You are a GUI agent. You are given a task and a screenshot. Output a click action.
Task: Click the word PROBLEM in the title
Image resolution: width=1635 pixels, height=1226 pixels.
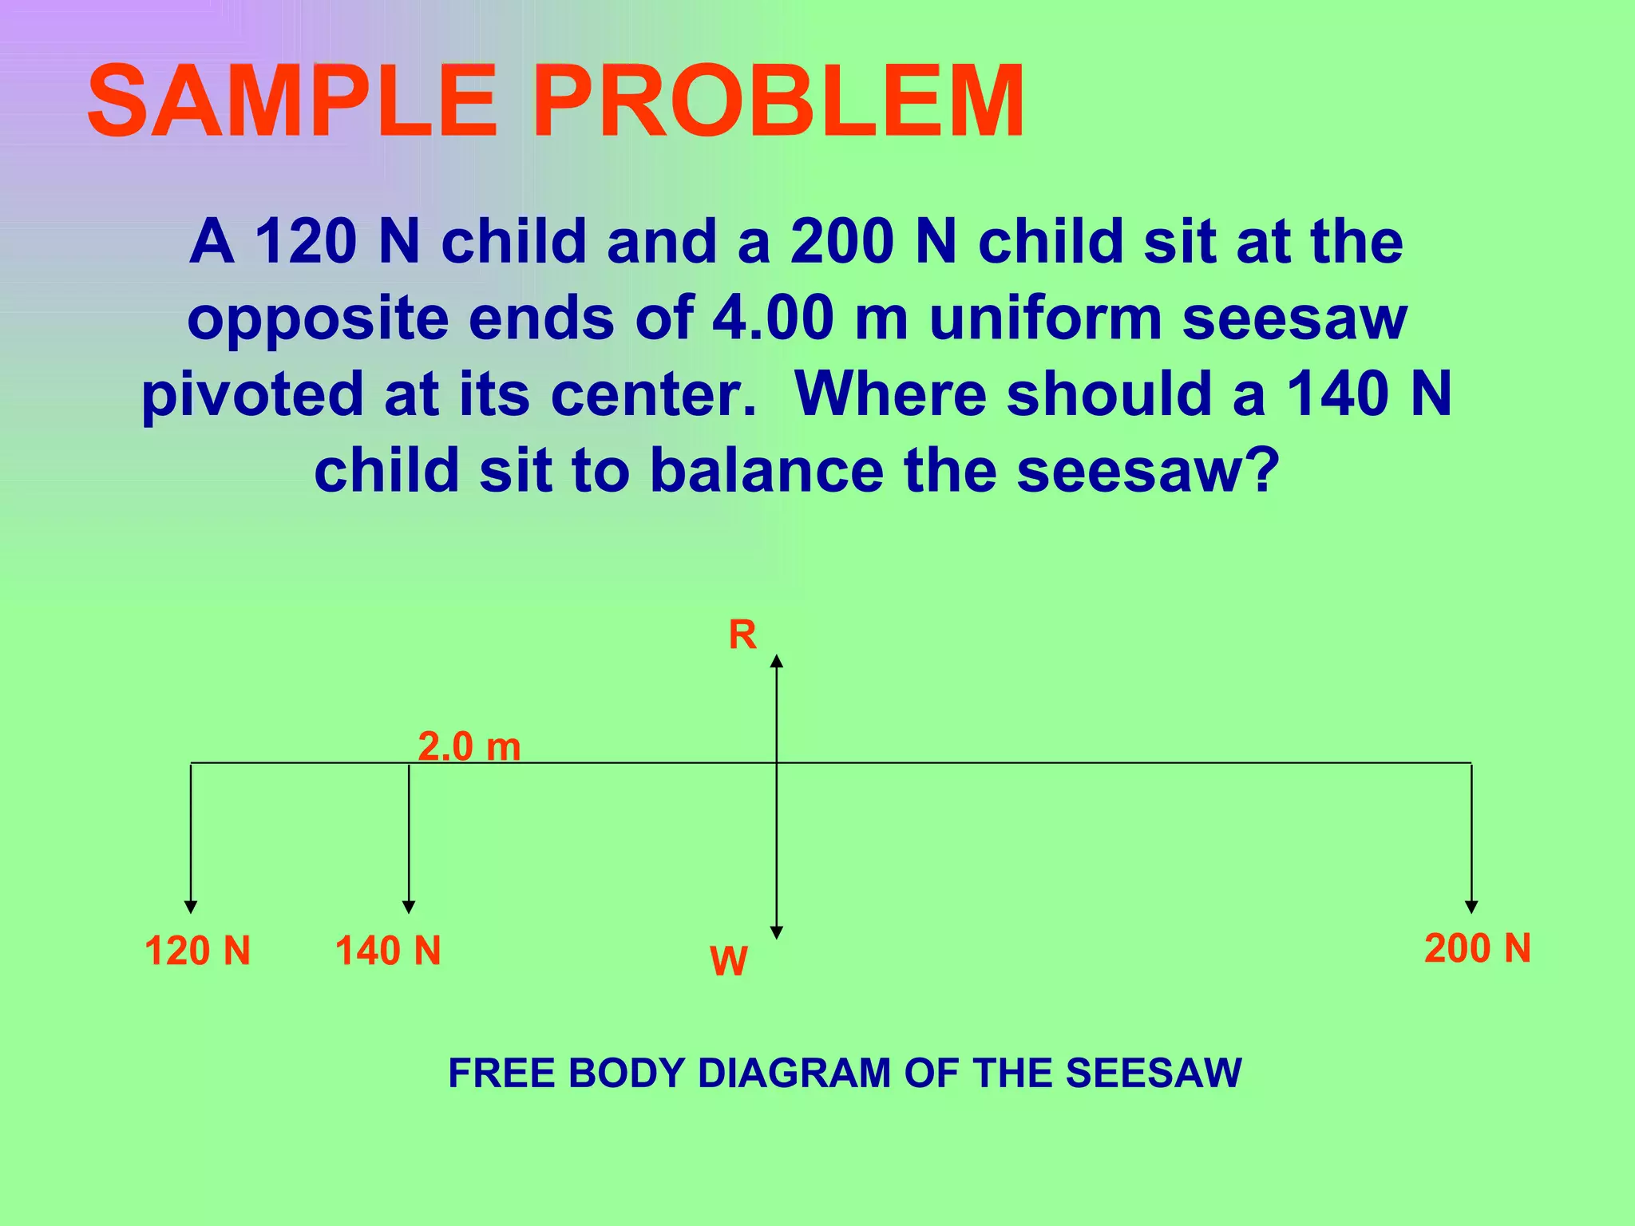(778, 102)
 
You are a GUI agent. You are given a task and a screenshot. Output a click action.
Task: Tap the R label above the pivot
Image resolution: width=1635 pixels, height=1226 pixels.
(742, 635)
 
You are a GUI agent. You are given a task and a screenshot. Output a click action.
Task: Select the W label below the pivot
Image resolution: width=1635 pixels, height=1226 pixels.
(728, 960)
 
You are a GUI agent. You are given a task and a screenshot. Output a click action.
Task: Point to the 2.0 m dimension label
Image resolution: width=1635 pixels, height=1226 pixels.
(469, 747)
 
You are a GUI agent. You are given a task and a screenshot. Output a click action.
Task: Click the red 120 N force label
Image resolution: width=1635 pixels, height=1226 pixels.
(197, 951)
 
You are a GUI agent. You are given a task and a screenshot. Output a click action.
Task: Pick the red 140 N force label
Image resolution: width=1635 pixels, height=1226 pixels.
(388, 951)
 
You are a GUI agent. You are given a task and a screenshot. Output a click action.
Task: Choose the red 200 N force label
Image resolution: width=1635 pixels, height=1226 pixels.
(1478, 948)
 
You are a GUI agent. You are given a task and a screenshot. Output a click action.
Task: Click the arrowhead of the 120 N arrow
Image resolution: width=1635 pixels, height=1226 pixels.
(191, 907)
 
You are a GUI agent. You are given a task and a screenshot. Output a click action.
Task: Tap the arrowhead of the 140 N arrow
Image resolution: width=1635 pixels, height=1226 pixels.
(409, 907)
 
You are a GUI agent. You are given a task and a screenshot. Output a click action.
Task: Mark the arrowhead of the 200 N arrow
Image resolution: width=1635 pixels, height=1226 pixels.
(1471, 907)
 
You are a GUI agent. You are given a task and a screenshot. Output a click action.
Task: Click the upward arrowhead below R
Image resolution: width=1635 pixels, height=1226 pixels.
(777, 660)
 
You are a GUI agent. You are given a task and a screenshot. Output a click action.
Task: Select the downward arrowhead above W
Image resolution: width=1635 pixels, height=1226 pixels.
(777, 932)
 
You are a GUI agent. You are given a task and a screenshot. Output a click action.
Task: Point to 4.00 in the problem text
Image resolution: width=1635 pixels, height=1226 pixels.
(773, 318)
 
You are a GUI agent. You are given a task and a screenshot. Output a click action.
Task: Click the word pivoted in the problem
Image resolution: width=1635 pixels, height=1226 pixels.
(252, 394)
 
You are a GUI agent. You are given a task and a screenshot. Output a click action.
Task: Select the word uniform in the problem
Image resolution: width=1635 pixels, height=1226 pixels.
(1045, 318)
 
